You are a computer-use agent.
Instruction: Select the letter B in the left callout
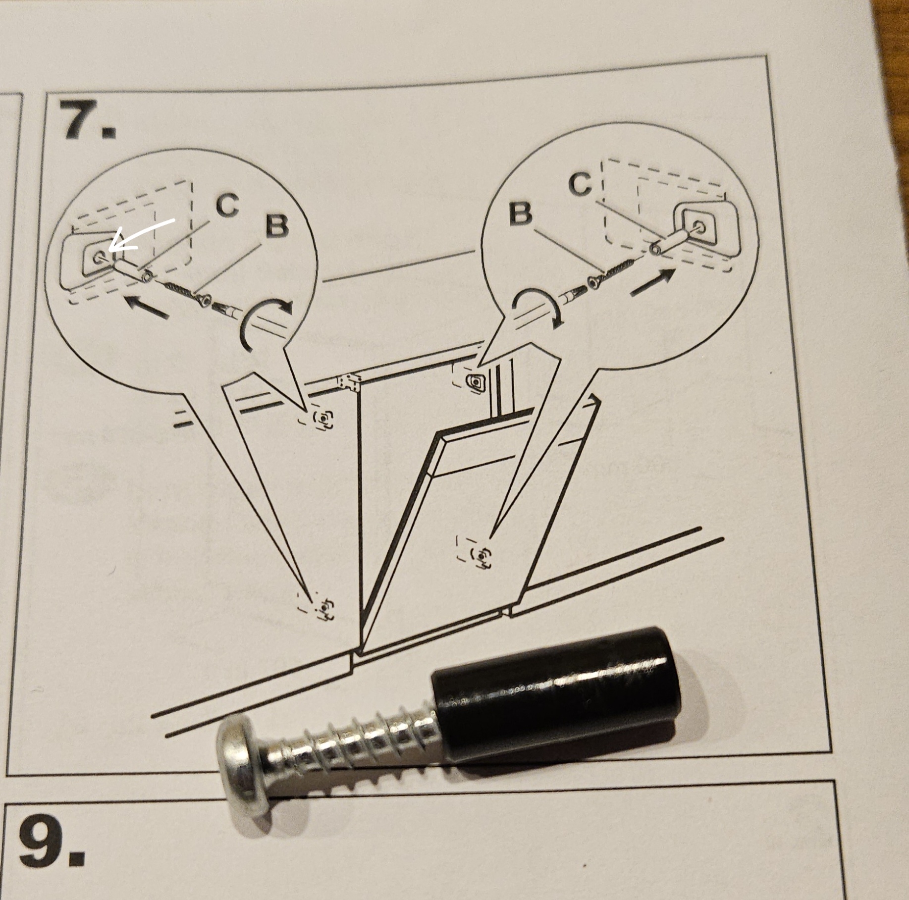(276, 226)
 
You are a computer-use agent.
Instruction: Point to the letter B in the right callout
(521, 214)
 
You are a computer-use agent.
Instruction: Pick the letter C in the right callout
(580, 184)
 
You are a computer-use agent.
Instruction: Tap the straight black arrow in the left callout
(147, 307)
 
